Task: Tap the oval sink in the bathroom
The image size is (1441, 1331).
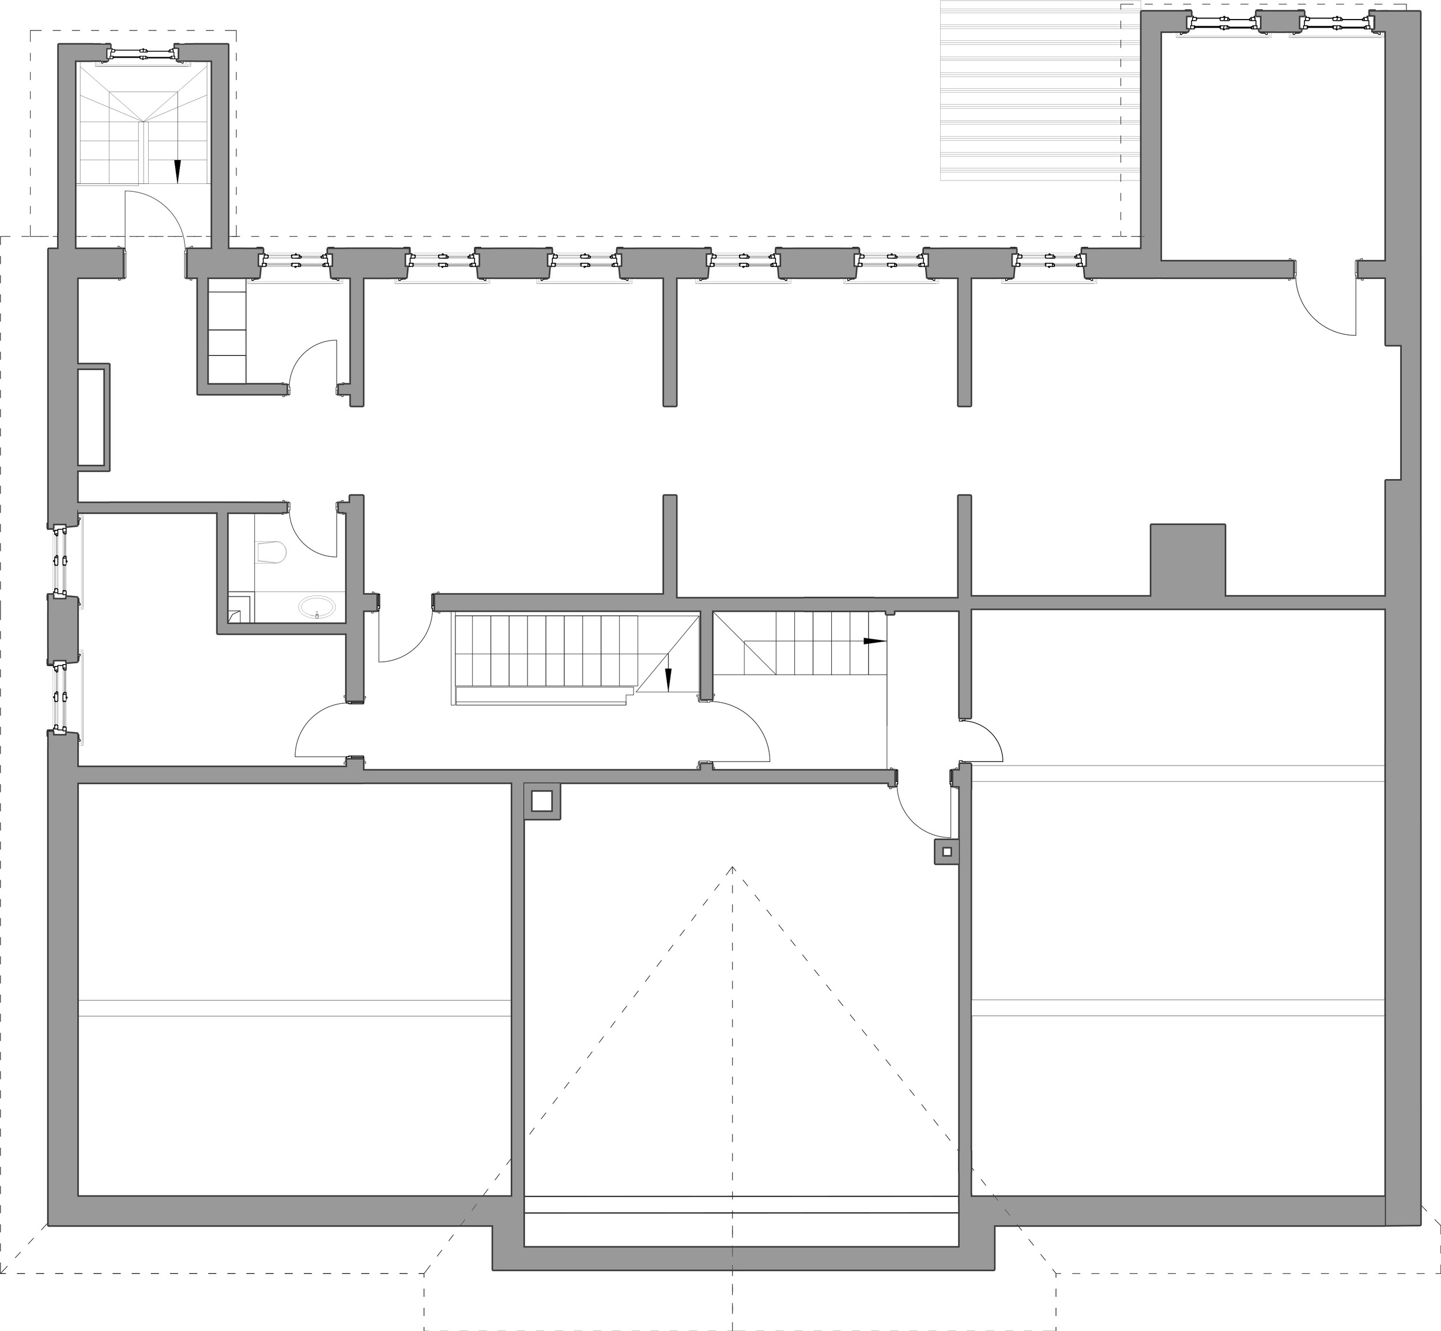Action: tap(317, 607)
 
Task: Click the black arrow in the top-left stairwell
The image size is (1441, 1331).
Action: tap(177, 171)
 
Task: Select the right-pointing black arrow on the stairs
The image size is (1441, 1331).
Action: tap(875, 640)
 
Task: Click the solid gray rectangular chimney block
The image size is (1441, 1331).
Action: tap(1187, 560)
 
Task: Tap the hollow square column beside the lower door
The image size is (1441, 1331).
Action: tap(946, 851)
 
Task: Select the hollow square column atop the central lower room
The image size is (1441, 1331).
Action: tap(542, 800)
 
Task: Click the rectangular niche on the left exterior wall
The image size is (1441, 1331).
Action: tap(93, 418)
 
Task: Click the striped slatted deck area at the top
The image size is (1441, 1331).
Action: tap(1040, 90)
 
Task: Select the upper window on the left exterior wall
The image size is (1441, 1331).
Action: tap(61, 559)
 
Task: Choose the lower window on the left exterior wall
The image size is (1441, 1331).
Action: tap(61, 696)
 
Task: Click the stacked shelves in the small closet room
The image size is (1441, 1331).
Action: tap(227, 331)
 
